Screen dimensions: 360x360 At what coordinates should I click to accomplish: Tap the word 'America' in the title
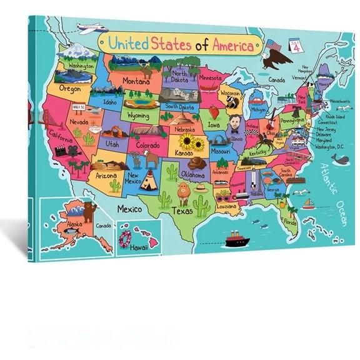click(x=232, y=45)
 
